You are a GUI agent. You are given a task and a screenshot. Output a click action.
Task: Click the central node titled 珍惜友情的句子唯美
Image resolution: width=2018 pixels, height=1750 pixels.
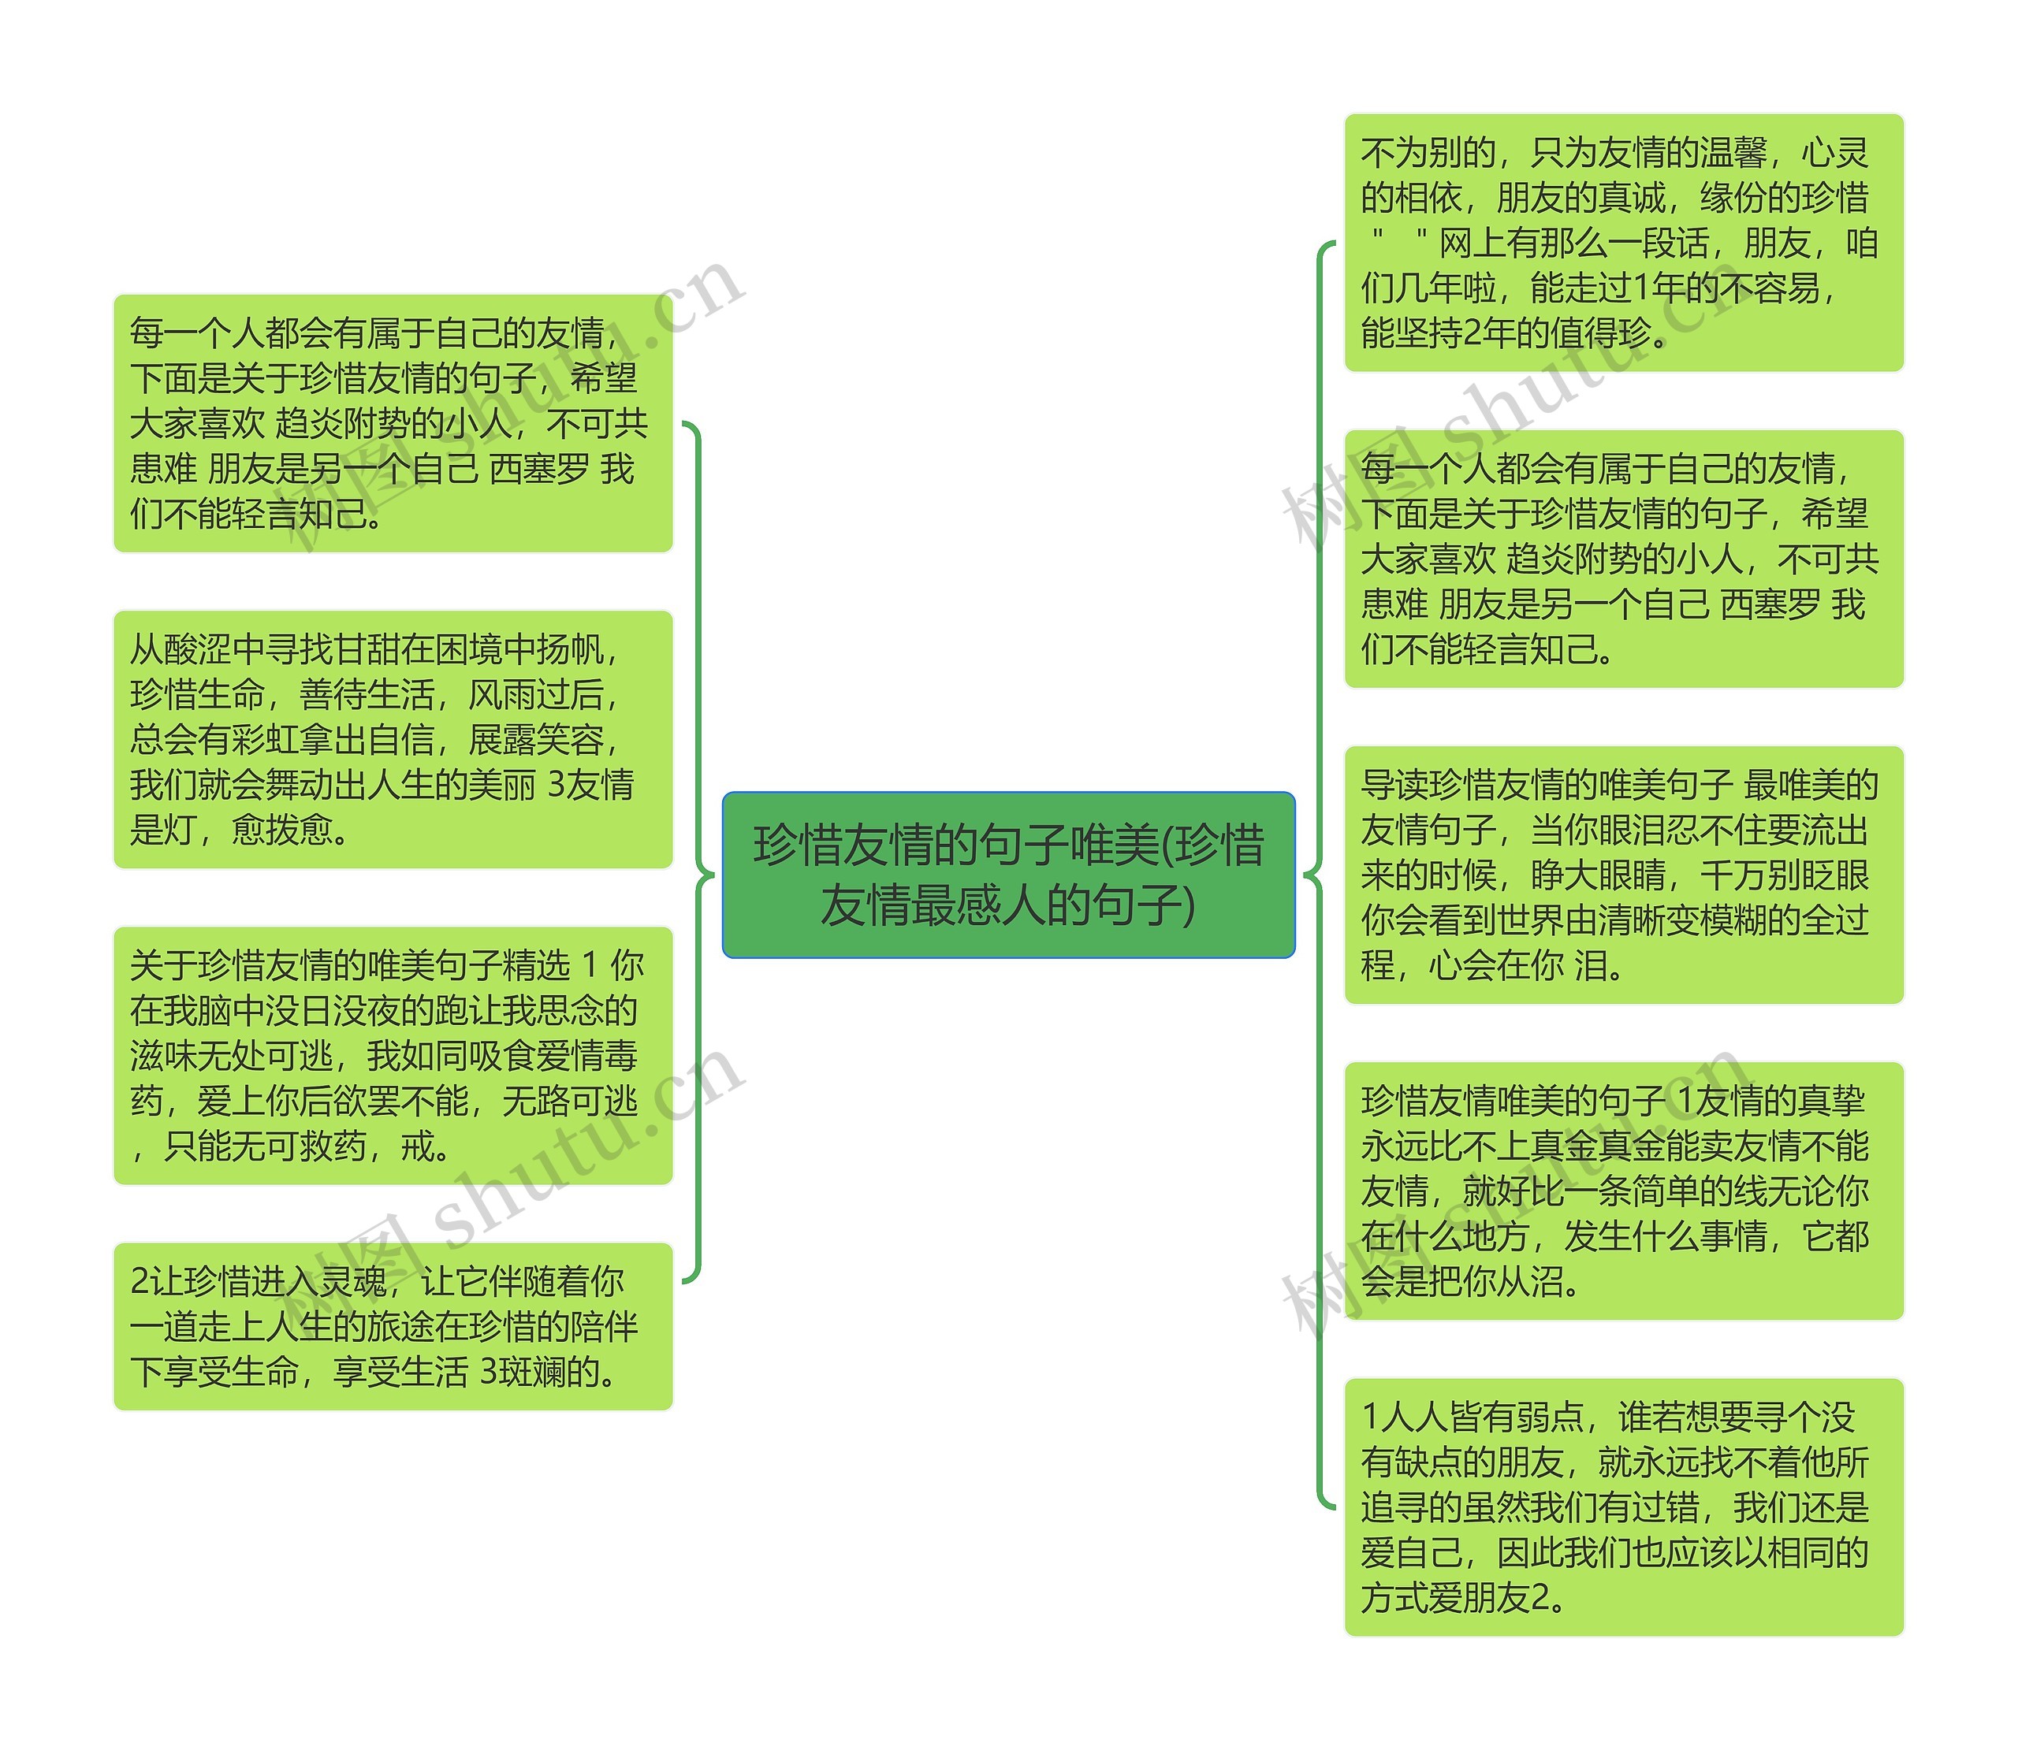click(x=1008, y=874)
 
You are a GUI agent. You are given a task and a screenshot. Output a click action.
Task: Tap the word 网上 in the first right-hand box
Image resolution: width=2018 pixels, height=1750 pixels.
click(x=1470, y=243)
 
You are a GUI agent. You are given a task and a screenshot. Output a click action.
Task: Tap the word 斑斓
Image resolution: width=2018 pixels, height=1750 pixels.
click(x=532, y=1371)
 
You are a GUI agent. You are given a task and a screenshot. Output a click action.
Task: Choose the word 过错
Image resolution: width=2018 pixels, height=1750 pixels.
click(x=1666, y=1507)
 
